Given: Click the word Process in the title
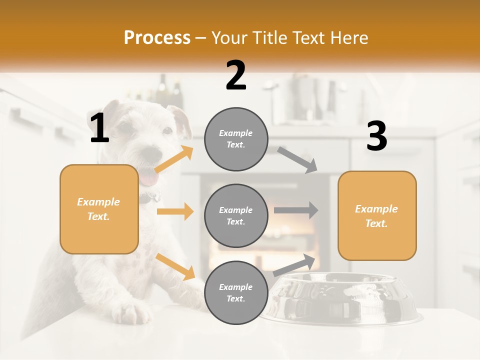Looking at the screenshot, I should [157, 38].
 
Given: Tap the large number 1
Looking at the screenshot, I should [99, 128].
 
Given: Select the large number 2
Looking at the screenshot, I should [236, 75].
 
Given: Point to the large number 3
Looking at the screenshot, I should [376, 136].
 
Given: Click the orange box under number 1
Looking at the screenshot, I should [99, 209].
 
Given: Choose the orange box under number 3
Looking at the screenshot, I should [377, 215].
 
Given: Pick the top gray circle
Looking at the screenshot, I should [236, 139].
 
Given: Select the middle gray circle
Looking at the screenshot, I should [236, 215].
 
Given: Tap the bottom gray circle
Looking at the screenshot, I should [236, 292].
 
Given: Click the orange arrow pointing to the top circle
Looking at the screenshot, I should [174, 159].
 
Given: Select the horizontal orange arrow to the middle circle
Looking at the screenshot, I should [175, 211].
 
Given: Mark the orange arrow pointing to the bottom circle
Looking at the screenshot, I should [175, 266].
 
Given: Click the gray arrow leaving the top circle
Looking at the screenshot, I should [297, 160].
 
